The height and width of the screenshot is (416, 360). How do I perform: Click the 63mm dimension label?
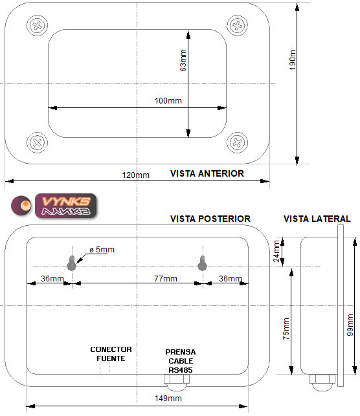click(x=183, y=60)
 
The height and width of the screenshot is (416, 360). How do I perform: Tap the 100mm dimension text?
click(x=168, y=101)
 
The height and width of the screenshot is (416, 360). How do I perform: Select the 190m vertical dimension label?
click(x=292, y=60)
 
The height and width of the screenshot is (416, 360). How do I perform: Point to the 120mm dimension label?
click(x=136, y=175)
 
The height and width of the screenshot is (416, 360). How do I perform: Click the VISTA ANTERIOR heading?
click(x=207, y=173)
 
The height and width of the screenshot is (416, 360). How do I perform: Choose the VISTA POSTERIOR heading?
click(x=210, y=219)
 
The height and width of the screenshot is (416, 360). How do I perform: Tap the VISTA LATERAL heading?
click(x=317, y=219)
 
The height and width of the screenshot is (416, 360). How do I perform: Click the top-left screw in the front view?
click(x=37, y=26)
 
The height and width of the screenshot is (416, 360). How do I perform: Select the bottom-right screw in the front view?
click(x=238, y=142)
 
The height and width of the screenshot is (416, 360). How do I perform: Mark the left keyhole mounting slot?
click(x=71, y=263)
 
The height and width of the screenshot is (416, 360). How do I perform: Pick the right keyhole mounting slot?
click(x=202, y=263)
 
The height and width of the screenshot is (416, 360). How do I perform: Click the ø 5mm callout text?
click(x=102, y=250)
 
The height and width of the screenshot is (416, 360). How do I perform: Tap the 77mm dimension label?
click(x=166, y=279)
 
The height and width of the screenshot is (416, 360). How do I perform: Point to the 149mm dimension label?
click(x=168, y=399)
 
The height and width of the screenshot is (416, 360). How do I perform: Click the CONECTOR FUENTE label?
click(x=111, y=354)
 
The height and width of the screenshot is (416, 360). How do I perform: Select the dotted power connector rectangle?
click(x=104, y=367)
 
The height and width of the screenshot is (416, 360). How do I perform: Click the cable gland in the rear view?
click(x=177, y=382)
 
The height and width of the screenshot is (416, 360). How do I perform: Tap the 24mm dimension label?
click(x=276, y=251)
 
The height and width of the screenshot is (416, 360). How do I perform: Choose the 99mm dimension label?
click(x=350, y=325)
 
